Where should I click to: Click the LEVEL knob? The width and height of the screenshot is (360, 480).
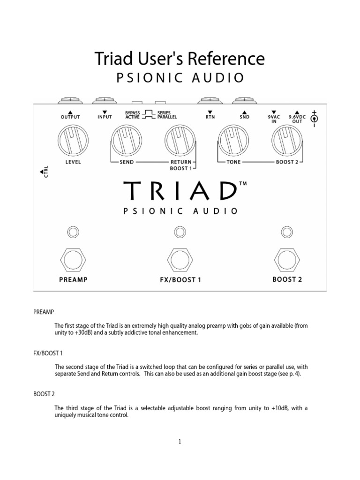[x=70, y=141]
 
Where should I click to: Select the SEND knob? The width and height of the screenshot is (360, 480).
[x=125, y=141]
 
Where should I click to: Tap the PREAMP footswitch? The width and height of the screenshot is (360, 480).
[x=73, y=257]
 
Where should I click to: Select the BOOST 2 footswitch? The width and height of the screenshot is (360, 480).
[x=287, y=257]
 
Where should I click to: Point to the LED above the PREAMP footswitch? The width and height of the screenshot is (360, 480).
[x=73, y=232]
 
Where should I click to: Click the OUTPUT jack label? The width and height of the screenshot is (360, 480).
[x=70, y=117]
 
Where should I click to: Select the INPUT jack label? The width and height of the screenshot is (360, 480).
[x=105, y=117]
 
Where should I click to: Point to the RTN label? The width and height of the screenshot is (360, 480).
[x=210, y=117]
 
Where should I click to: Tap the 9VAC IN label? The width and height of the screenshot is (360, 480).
[x=273, y=119]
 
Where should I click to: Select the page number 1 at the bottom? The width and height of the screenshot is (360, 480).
[x=180, y=441]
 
